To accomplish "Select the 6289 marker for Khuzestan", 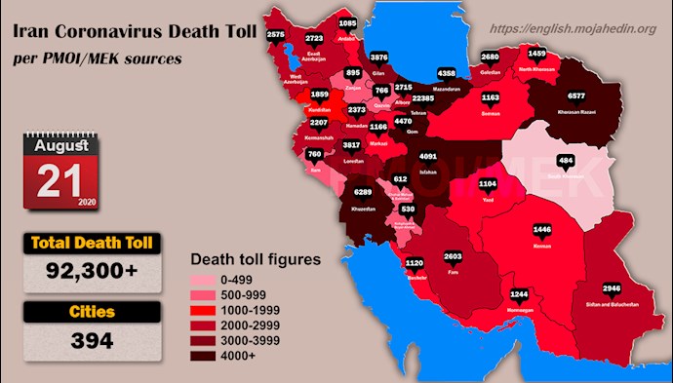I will click(362, 193).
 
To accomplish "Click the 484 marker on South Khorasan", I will click(565, 160).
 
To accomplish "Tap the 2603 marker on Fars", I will click(453, 256).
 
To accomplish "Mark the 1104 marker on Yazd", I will click(488, 183).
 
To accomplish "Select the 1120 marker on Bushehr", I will click(413, 263).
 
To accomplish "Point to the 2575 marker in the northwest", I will click(275, 34).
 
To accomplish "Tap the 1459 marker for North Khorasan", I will click(536, 53).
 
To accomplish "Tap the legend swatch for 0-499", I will click(210, 280).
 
